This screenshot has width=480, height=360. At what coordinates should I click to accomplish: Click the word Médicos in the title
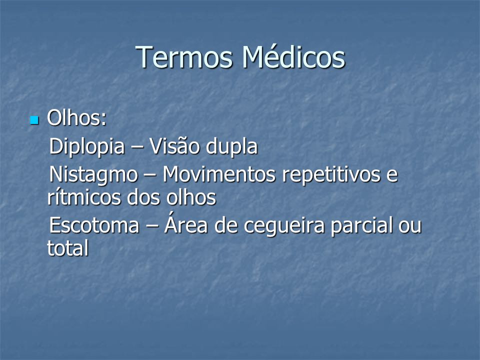tap(294, 56)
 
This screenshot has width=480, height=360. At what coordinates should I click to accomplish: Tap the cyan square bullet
tap(34, 120)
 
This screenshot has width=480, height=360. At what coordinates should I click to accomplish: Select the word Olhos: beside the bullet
tap(77, 118)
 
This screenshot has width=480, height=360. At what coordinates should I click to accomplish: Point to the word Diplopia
tap(87, 146)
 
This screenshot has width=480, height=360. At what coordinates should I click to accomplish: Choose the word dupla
tap(231, 146)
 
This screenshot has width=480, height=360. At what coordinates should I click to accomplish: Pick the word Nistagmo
tap(93, 175)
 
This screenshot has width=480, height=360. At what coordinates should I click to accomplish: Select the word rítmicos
tap(83, 197)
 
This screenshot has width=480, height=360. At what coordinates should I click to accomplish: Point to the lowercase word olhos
tap(191, 197)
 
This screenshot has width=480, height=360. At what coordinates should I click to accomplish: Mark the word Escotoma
tap(94, 225)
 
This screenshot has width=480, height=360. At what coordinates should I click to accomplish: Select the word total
tap(68, 247)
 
